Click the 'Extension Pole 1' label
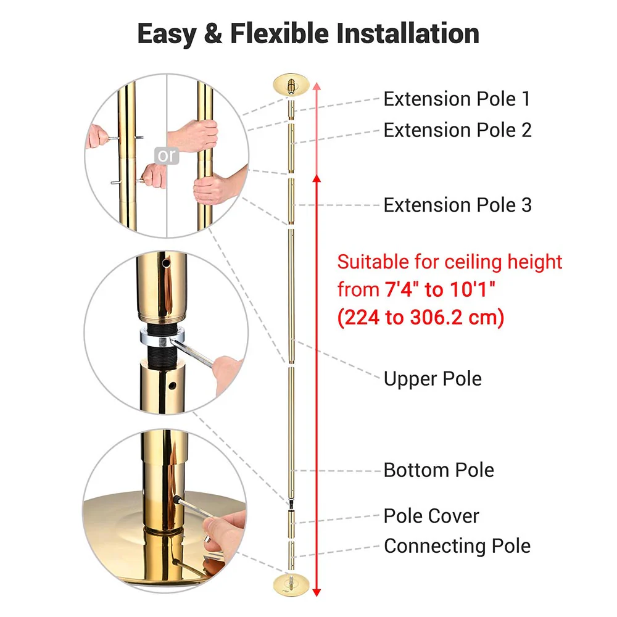pyautogui.click(x=457, y=99)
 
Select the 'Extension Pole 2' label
pyautogui.click(x=457, y=130)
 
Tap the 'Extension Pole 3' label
pyautogui.click(x=457, y=205)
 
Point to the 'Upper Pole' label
pyautogui.click(x=433, y=378)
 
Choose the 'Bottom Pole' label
pyautogui.click(x=439, y=470)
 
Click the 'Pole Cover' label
pyautogui.click(x=431, y=516)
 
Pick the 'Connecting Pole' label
pyautogui.click(x=457, y=546)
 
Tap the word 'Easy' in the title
pyautogui.click(x=165, y=33)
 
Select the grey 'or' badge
pyautogui.click(x=166, y=156)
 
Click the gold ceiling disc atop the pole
pyautogui.click(x=291, y=83)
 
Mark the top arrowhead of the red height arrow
pyautogui.click(x=317, y=86)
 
